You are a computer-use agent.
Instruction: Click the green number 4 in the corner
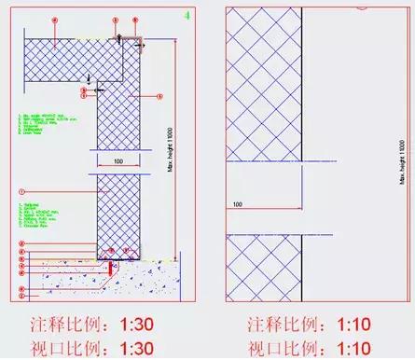pyautogui.click(x=190, y=16)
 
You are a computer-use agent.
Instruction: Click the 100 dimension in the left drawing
pyautogui.click(x=118, y=162)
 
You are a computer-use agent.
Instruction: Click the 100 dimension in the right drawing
pyautogui.click(x=238, y=202)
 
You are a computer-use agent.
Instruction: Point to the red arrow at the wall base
pyautogui.click(x=113, y=266)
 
